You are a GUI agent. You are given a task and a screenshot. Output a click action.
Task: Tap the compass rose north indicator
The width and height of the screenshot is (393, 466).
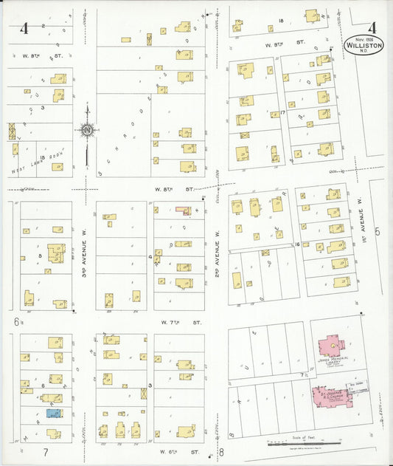(x=87, y=130)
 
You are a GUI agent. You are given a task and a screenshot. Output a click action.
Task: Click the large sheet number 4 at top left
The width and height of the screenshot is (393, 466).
(x=25, y=30)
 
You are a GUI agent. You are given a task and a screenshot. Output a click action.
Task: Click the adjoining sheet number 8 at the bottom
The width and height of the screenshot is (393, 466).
(x=220, y=453)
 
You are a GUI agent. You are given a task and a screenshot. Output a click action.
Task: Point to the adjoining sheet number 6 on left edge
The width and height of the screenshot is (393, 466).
(x=15, y=322)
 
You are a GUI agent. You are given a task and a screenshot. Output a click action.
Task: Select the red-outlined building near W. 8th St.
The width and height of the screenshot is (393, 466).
(x=182, y=210)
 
